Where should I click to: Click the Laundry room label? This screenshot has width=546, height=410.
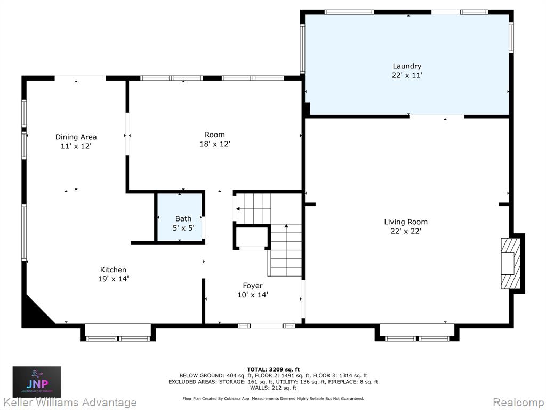[407, 66]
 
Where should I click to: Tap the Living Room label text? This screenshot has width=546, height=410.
[406, 222]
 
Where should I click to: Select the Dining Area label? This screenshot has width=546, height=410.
[76, 137]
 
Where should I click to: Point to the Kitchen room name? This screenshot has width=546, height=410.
[113, 270]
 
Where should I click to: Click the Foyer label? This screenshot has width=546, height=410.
[253, 286]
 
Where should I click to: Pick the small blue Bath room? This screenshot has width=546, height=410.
[180, 217]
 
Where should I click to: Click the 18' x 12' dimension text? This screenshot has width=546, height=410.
[215, 144]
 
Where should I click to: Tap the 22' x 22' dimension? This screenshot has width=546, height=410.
[406, 231]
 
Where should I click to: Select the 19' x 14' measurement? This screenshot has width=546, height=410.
[113, 279]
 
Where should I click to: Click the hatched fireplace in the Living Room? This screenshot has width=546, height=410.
[511, 264]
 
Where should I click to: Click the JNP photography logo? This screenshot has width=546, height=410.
[37, 382]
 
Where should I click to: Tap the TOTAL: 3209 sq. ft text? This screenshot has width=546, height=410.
[273, 369]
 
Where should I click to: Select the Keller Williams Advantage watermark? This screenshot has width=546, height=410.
[69, 403]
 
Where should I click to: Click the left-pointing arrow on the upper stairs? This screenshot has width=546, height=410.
[238, 209]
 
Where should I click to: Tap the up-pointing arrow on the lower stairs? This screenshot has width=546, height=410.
[286, 226]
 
